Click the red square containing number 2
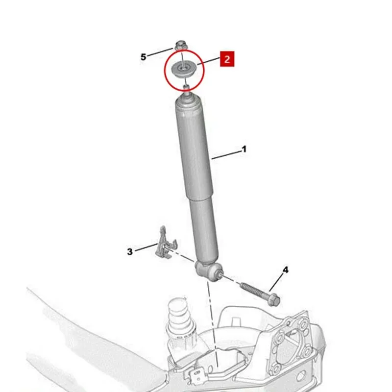click(227, 59)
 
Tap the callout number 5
click(143, 57)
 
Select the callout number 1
click(244, 149)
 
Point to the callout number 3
click(129, 251)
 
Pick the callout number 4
click(285, 270)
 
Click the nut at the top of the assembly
click(180, 46)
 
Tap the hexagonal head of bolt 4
click(274, 300)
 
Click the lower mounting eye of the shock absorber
click(209, 271)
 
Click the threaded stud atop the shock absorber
click(187, 90)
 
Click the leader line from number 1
click(226, 155)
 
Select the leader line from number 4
click(276, 283)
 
